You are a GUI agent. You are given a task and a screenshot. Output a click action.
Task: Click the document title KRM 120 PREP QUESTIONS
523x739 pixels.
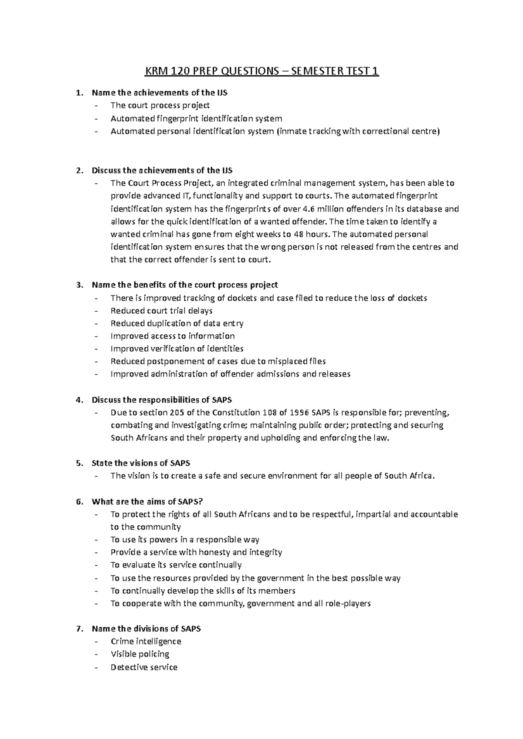coord(261,71)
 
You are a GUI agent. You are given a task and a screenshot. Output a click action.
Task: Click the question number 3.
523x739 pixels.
coord(79,285)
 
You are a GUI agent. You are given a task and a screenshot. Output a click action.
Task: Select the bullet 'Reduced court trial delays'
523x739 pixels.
coord(161,311)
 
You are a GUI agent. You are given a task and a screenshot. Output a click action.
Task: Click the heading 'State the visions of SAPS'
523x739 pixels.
coord(141,463)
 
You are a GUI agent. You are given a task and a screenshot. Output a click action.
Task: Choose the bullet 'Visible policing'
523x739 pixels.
coord(139,654)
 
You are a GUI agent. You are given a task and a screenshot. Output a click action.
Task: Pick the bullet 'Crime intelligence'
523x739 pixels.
coord(146,641)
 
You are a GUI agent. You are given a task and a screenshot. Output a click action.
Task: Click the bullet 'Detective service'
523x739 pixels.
coord(144,667)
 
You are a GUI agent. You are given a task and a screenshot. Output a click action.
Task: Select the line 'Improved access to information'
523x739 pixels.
coord(173,336)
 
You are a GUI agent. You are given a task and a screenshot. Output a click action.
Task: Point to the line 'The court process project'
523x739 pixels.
coord(160,105)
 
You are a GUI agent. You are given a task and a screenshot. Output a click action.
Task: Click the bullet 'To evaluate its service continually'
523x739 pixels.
coord(176,565)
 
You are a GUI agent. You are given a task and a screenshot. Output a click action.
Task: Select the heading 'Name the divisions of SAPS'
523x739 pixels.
coord(146,628)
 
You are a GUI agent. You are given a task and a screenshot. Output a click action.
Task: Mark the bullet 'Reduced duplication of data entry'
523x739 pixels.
coord(177,323)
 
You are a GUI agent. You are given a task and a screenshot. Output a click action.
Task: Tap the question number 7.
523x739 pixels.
coord(79,628)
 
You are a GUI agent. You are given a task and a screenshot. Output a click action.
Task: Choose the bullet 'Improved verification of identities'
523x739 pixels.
coord(177,349)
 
